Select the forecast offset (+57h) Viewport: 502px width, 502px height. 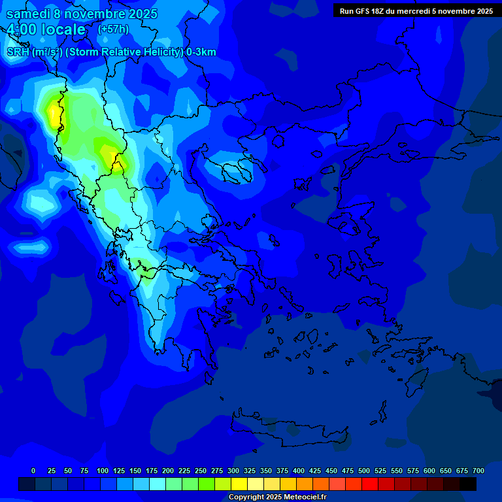pyautogui.click(x=113, y=29)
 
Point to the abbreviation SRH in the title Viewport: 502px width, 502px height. pyautogui.click(x=18, y=52)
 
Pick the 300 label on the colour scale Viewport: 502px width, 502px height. pyautogui.click(x=233, y=471)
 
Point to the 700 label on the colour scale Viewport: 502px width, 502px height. pyautogui.click(x=478, y=471)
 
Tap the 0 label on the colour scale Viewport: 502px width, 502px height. pyautogui.click(x=33, y=471)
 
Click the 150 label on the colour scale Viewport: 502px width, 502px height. pyautogui.click(x=135, y=471)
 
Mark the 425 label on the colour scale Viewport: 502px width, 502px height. pyautogui.click(x=315, y=471)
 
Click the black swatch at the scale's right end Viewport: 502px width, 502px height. pyautogui.click(x=468, y=484)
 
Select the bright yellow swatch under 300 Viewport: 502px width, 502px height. pyautogui.click(x=239, y=484)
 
